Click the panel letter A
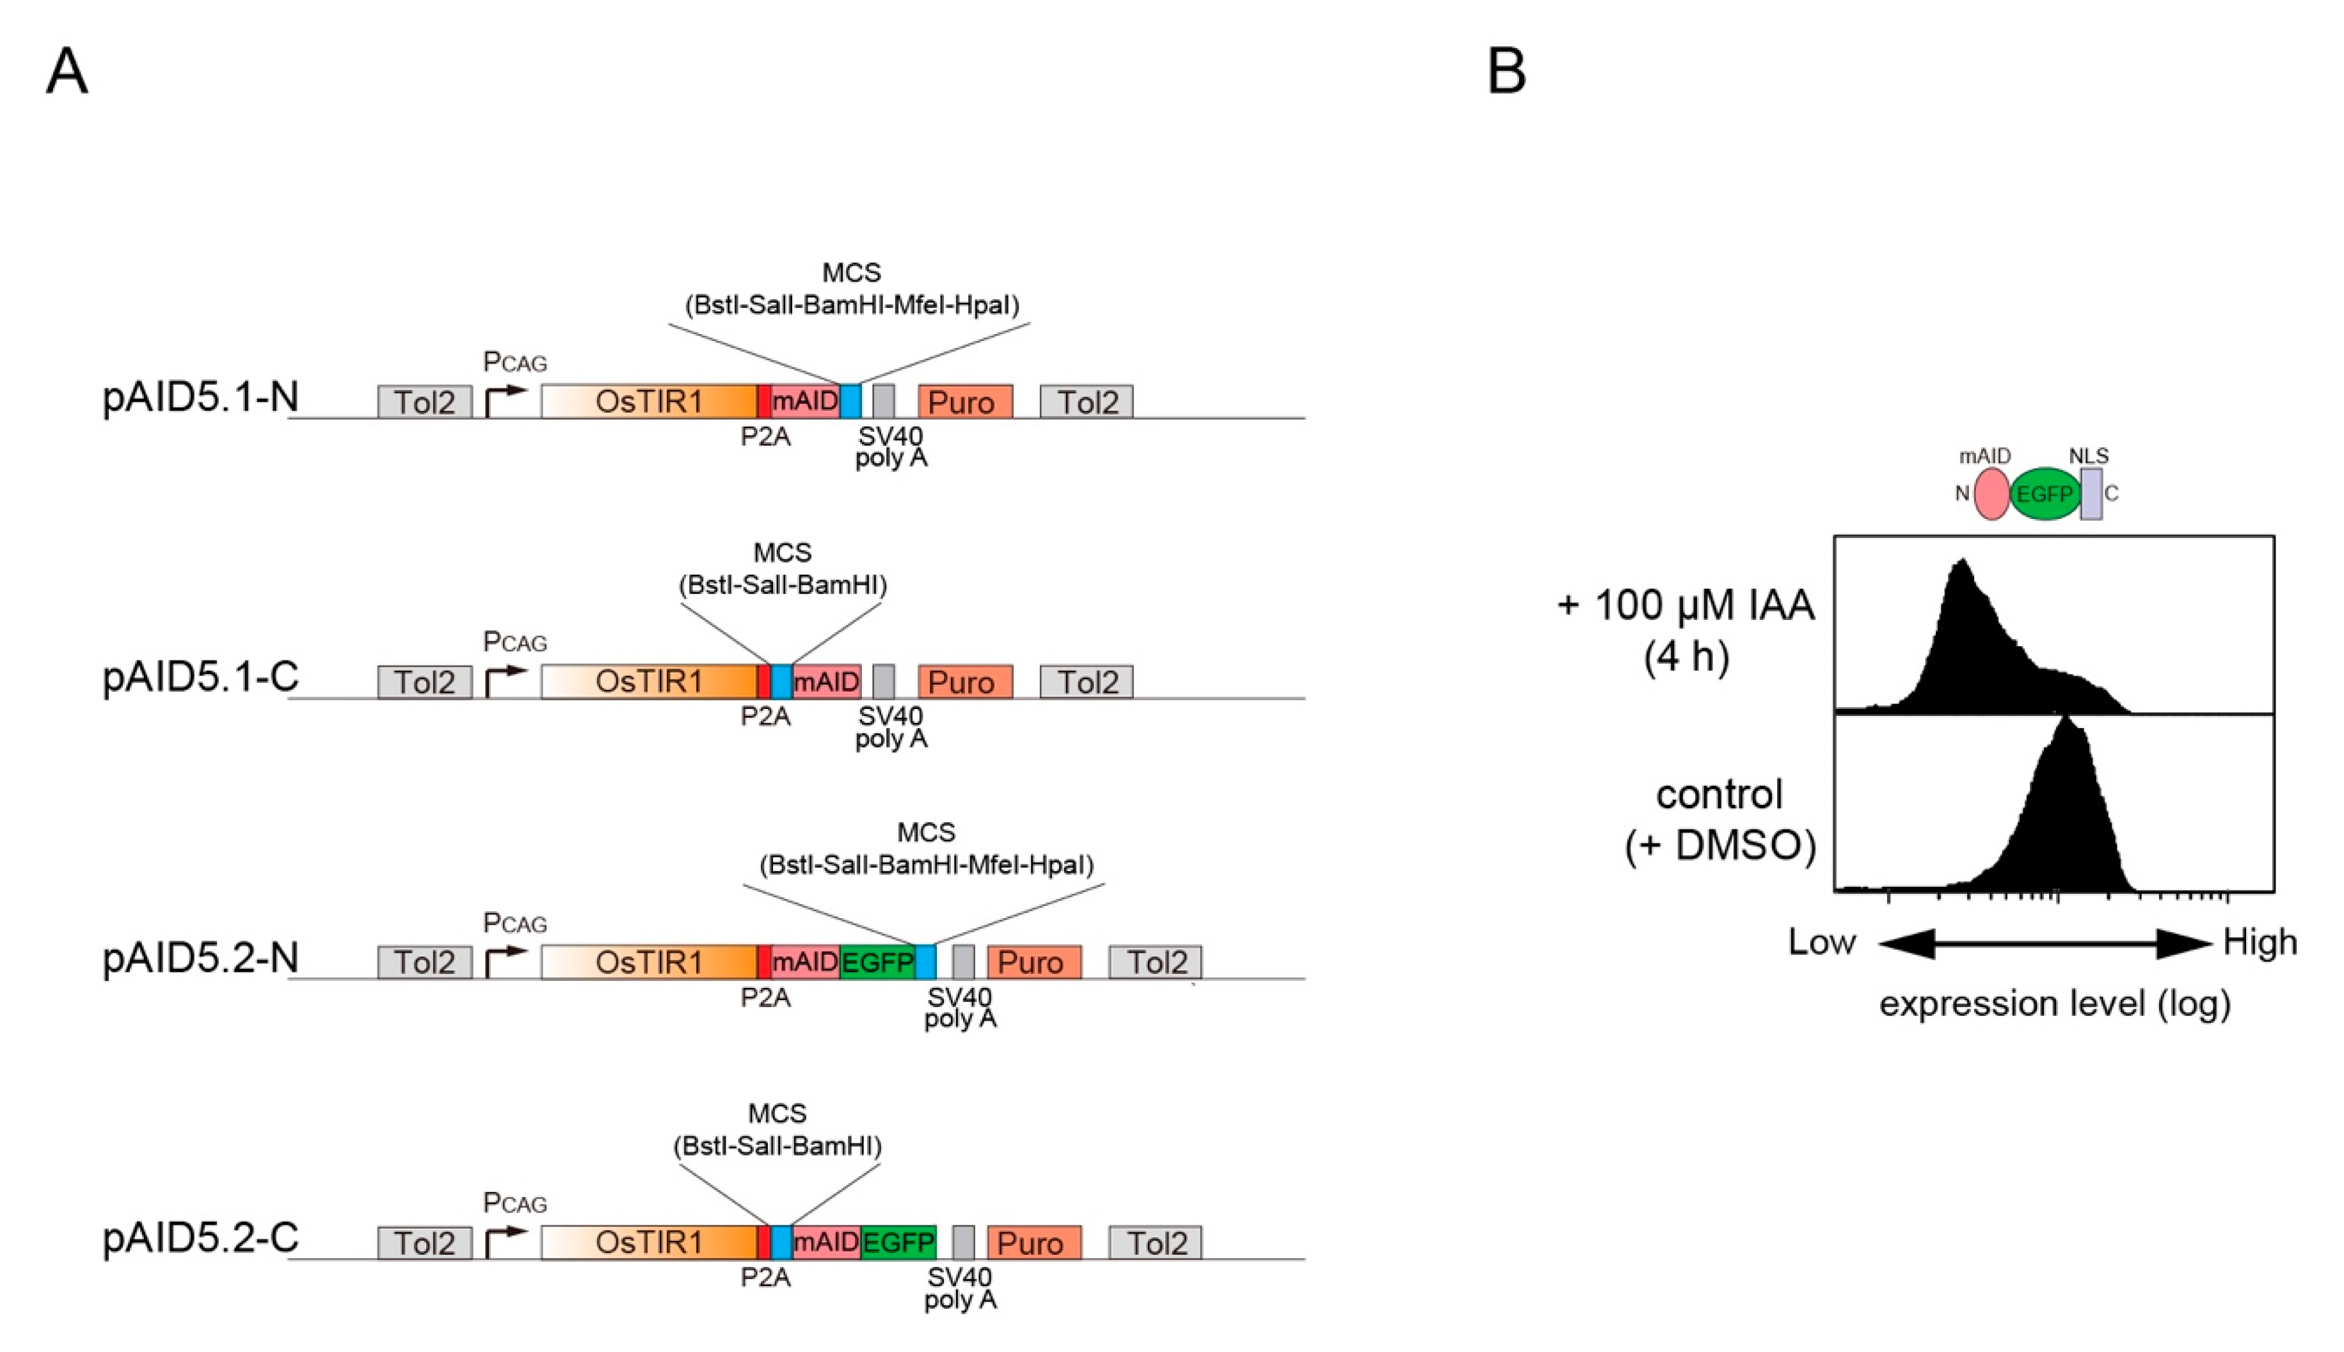(x=67, y=72)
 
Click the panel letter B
(x=1506, y=72)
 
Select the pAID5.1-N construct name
(x=200, y=397)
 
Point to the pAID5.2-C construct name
(x=200, y=1237)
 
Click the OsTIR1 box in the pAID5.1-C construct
(x=649, y=681)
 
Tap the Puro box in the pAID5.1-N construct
(x=965, y=402)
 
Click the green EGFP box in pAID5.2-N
(x=877, y=962)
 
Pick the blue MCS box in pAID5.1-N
(x=850, y=402)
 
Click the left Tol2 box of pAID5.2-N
(x=424, y=962)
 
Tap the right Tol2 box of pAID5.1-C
(x=1086, y=681)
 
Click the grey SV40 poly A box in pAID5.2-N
(x=963, y=962)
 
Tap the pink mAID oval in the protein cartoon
(x=1991, y=494)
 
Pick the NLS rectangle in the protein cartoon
(x=2091, y=494)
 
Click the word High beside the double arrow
(x=2260, y=943)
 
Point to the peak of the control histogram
(x=2064, y=720)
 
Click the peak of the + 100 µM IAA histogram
(x=1961, y=562)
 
